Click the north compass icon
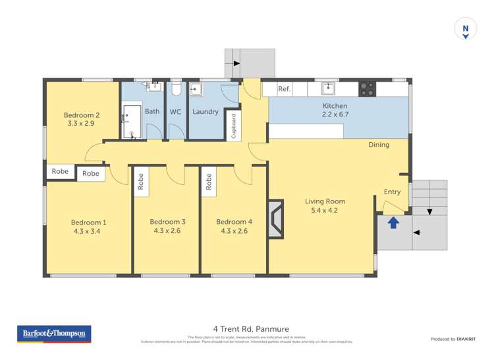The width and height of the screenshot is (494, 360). point(466,30)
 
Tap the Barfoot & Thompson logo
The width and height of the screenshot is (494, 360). point(54,334)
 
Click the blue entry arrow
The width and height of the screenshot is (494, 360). point(393,222)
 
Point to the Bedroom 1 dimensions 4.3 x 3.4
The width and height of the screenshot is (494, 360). point(89,231)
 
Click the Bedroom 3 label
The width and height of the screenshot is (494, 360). point(167,222)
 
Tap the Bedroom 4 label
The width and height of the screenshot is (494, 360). point(234,222)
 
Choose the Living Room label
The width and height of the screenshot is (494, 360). point(325,201)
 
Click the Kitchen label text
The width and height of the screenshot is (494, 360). point(334,106)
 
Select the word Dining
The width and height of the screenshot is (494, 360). point(379,145)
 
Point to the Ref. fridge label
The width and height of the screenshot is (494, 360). point(284,89)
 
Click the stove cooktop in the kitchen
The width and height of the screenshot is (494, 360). point(367,88)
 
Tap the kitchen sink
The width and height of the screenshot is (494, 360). point(329,88)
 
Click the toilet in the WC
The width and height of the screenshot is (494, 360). point(175,90)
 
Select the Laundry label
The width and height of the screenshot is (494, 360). point(205,112)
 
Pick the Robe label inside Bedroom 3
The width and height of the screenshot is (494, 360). point(141,182)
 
